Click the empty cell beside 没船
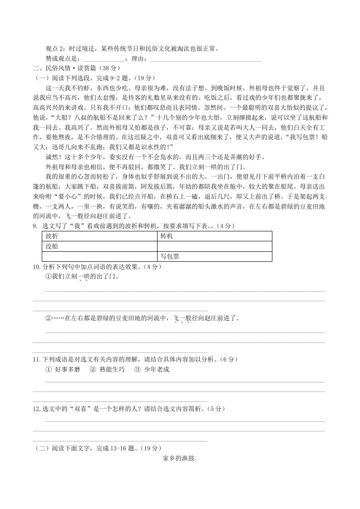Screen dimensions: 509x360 point(214,246)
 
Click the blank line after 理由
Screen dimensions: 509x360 point(205,59)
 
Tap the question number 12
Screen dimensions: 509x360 point(36,409)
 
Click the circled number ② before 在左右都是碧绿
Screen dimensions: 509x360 point(48,318)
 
